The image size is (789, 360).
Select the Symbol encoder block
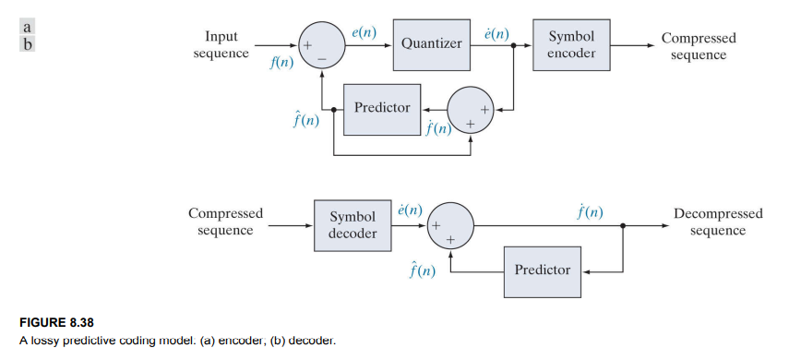coord(570,44)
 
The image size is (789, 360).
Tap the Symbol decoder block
coord(353,225)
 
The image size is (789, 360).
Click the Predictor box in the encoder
coord(382,108)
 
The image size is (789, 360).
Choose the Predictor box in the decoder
coord(543,270)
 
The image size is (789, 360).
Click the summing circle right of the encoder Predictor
coord(471,108)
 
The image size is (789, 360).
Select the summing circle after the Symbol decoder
coord(450,225)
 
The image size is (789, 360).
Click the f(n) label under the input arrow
coord(281,63)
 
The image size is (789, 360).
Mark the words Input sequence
coord(221,44)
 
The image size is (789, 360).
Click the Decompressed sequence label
coord(717,222)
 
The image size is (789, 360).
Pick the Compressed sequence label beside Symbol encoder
coord(698,46)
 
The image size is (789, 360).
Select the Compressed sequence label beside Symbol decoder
coord(225,222)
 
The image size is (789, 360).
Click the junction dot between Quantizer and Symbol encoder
coord(513,44)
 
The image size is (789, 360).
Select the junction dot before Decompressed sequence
coord(624,225)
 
